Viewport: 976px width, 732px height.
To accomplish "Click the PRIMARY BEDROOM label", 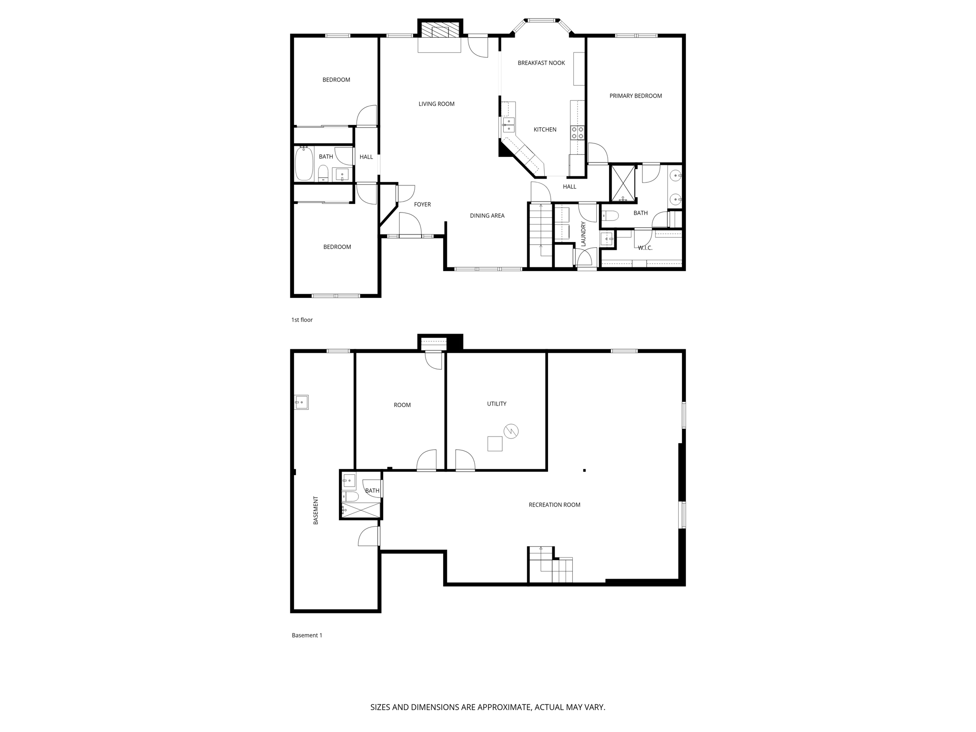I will coord(635,96).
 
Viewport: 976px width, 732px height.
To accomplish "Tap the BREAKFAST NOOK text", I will coord(541,63).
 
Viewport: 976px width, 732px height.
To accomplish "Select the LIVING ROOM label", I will coord(436,104).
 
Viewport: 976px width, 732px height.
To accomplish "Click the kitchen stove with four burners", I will coord(578,132).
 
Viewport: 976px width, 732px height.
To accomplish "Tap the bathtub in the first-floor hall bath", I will coord(304,164).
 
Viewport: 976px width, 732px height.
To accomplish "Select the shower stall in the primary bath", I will coord(623,183).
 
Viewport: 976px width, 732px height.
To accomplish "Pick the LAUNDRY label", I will coord(583,234).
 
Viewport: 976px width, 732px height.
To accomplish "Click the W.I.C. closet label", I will coord(645,248).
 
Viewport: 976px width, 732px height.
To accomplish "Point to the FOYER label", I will coord(422,204).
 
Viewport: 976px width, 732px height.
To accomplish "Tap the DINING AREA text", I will coord(487,215).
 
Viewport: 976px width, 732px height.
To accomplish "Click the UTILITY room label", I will coord(496,404).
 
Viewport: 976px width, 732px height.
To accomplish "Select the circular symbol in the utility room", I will coord(511,432).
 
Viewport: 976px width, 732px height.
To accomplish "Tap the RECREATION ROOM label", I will coord(554,505).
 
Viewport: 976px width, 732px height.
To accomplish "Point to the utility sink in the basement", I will coord(301,402).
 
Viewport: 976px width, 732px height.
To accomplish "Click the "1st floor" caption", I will coord(302,320).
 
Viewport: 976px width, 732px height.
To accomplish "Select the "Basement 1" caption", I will coord(307,635).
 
